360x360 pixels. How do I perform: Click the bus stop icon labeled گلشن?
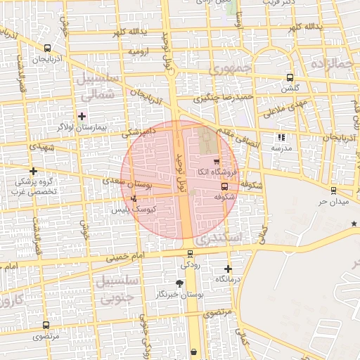tap(290, 78)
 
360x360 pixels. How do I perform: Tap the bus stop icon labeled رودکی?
tap(190, 254)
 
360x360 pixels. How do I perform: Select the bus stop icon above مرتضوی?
tap(46, 326)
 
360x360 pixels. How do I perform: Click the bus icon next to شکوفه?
tap(224, 186)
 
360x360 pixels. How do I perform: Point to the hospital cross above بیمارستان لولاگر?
tap(82, 116)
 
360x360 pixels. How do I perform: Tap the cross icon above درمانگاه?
tap(228, 269)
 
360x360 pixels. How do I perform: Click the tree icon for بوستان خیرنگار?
tap(179, 283)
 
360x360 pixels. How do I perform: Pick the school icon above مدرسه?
tap(281, 138)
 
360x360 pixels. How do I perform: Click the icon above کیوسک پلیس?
tap(134, 199)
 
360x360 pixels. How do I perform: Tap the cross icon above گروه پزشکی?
tap(33, 171)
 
